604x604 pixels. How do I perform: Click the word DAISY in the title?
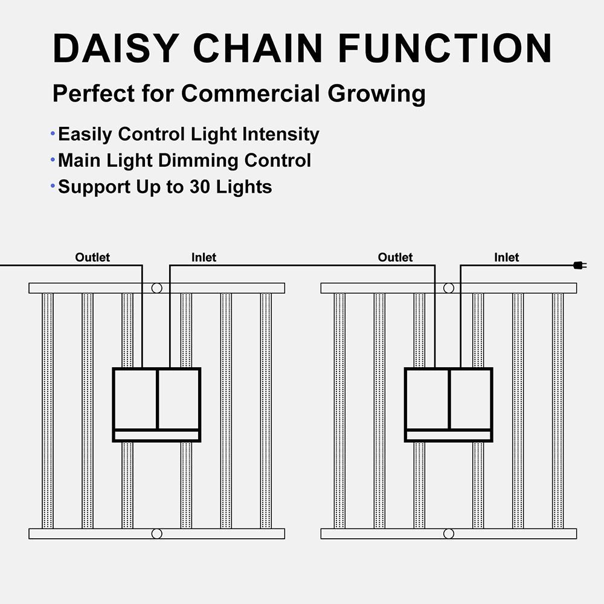point(116,48)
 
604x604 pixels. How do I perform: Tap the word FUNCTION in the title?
point(445,48)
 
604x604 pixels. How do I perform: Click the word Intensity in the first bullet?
point(281,135)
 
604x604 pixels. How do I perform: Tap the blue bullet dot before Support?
point(53,186)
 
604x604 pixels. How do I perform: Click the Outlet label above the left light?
point(92,257)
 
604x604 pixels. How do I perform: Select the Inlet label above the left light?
point(204,257)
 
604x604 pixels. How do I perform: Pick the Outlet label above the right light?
point(395,257)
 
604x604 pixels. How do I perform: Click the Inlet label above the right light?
point(507,257)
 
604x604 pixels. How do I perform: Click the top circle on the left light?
point(157,288)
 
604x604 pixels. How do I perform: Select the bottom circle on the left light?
point(157,533)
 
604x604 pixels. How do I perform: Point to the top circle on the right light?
point(449,288)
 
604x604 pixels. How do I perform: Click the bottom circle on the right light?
point(449,533)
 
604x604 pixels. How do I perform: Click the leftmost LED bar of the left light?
point(47,411)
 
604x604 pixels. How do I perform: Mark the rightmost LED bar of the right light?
point(557,411)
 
